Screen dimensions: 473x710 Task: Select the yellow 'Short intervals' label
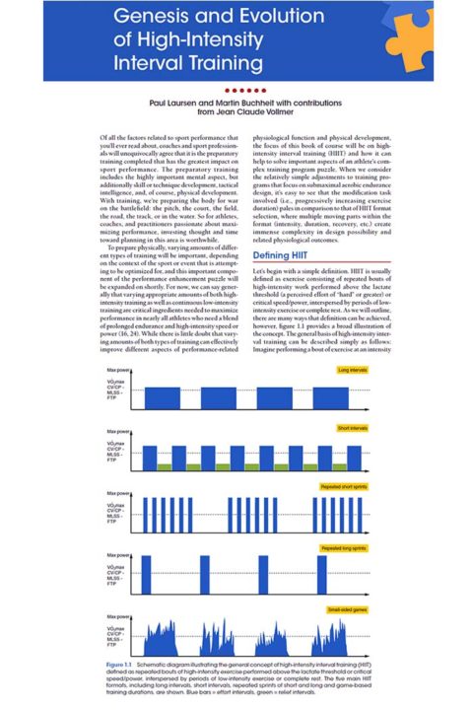352,429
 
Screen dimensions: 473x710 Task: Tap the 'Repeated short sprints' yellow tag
344,488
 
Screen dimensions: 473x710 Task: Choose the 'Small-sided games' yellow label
349,608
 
